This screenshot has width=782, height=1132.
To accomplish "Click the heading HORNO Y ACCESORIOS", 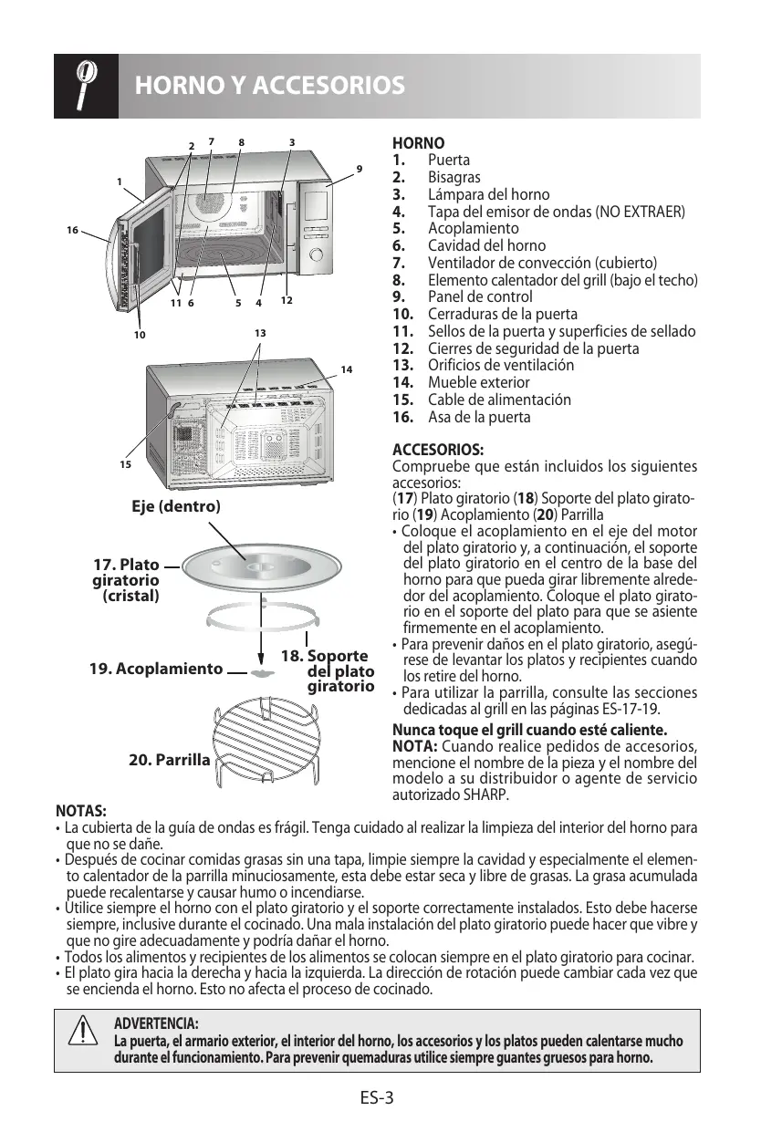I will pyautogui.click(x=269, y=87).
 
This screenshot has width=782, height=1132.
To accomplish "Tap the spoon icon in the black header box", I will pyautogui.click(x=86, y=85).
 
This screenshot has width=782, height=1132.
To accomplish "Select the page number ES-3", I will pyautogui.click(x=376, y=1097).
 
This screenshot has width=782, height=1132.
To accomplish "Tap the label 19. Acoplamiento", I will pyautogui.click(x=156, y=669).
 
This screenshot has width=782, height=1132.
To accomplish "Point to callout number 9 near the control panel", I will pyautogui.click(x=360, y=169).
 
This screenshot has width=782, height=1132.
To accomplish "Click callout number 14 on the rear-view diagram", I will pyautogui.click(x=346, y=369).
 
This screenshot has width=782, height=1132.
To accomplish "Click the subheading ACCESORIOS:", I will pyautogui.click(x=438, y=451).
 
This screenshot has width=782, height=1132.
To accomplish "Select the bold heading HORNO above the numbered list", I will pyautogui.click(x=419, y=143).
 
